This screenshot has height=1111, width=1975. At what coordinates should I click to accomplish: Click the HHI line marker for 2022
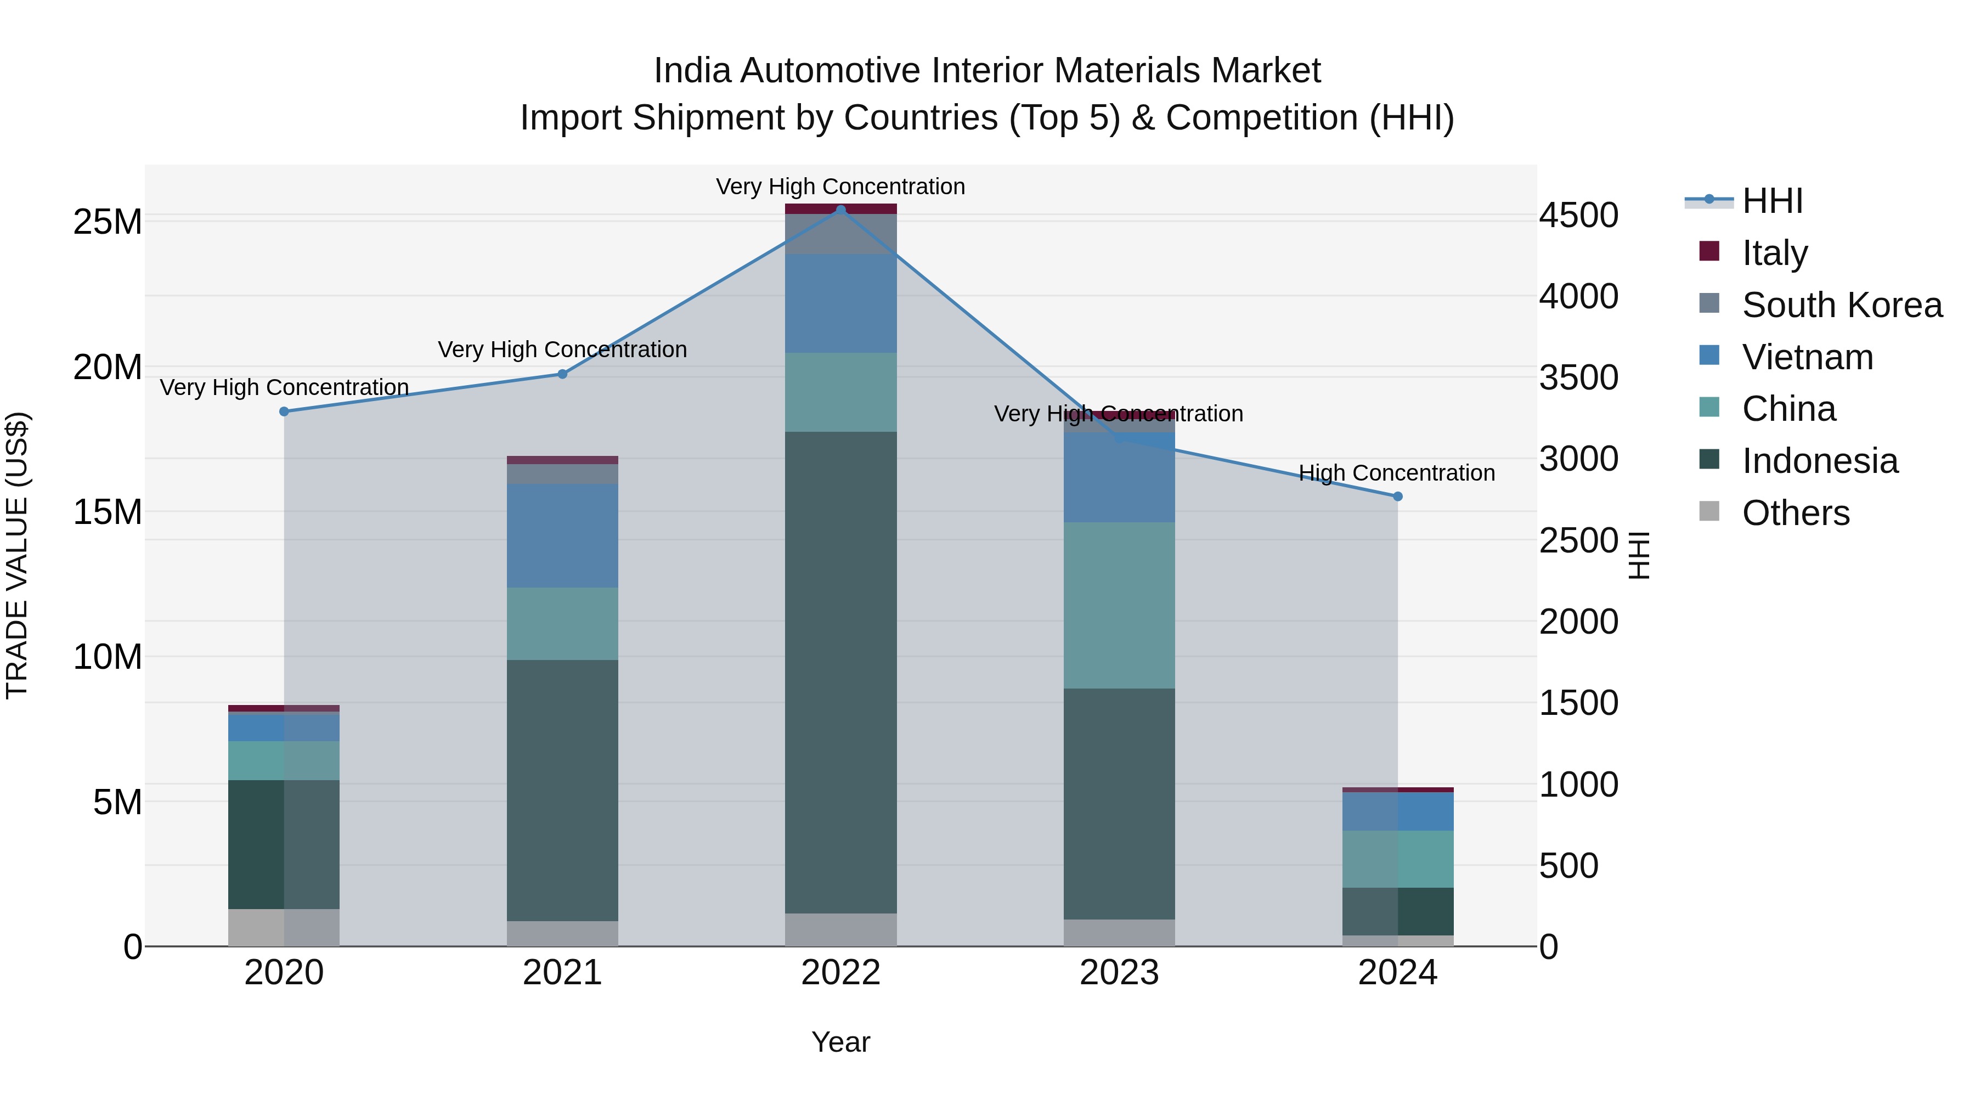pyautogui.click(x=840, y=210)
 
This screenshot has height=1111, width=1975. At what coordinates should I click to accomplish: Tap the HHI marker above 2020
pyautogui.click(x=284, y=411)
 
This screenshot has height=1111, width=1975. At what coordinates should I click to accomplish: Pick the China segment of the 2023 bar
pyautogui.click(x=1119, y=605)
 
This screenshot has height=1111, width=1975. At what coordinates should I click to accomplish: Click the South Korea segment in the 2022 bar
pyautogui.click(x=840, y=234)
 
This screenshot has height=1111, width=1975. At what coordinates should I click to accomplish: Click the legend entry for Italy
pyautogui.click(x=1774, y=252)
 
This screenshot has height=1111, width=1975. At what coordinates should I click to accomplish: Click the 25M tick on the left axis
pyautogui.click(x=108, y=222)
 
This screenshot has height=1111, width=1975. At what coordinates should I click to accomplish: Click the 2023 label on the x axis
pyautogui.click(x=1119, y=973)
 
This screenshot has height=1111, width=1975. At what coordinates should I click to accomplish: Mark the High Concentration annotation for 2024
pyautogui.click(x=1396, y=473)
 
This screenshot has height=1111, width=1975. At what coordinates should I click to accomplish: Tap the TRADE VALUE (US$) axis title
pyautogui.click(x=17, y=555)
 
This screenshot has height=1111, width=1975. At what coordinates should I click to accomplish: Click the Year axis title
pyautogui.click(x=840, y=1042)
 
